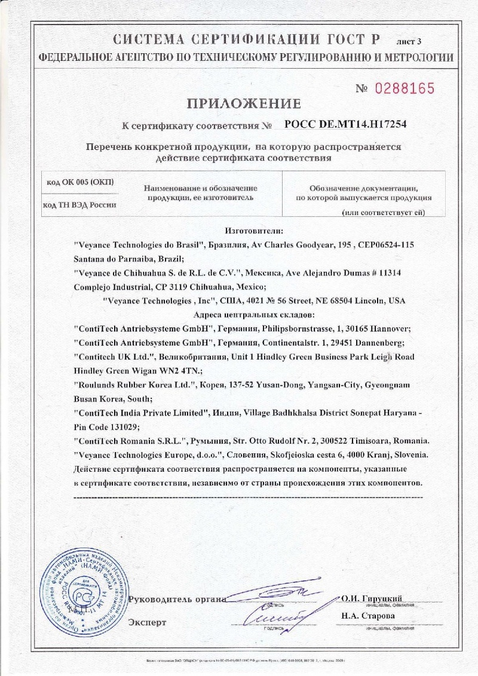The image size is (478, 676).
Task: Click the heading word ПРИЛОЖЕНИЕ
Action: (x=244, y=104)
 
